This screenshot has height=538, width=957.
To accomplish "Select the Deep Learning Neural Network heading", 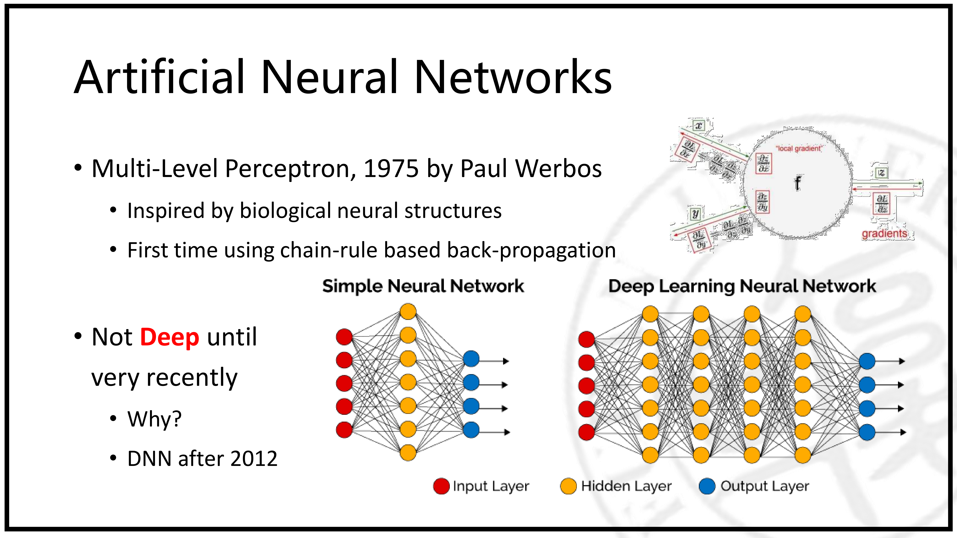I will click(x=742, y=286).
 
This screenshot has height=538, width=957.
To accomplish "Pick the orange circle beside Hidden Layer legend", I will click(x=568, y=486).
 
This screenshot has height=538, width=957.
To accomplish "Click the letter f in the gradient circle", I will click(x=797, y=183).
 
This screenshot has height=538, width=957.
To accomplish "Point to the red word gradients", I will click(x=884, y=233).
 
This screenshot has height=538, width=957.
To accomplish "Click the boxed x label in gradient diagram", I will click(x=698, y=126).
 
